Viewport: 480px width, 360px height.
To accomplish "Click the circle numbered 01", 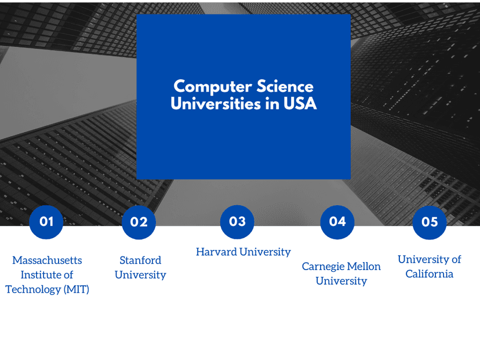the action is point(46,222).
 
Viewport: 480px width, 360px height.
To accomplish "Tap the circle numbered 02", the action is point(139,222).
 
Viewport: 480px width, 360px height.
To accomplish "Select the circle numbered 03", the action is point(237,222).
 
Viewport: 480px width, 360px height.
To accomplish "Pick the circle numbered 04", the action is point(337,222).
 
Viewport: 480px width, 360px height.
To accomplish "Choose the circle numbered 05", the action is point(430,222).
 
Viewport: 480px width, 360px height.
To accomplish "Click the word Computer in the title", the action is point(213,87).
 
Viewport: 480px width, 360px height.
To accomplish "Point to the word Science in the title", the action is point(285,86).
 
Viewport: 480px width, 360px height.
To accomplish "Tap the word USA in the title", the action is point(300,103).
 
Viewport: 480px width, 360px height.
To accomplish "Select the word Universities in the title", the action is point(216,103).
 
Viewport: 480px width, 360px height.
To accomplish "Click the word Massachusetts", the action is point(47,260).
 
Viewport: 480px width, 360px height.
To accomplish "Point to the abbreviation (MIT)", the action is point(76,289).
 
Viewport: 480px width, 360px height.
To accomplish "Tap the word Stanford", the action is point(140,260).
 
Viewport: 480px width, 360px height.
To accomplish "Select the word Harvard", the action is point(216,252).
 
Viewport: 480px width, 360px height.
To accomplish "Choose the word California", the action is point(429,274).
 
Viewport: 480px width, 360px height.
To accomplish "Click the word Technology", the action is point(33,290).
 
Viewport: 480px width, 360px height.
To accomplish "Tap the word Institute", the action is point(38,275).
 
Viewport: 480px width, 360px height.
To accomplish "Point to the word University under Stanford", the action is point(140,275).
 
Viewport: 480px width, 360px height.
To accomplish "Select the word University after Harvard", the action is point(265,252).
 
